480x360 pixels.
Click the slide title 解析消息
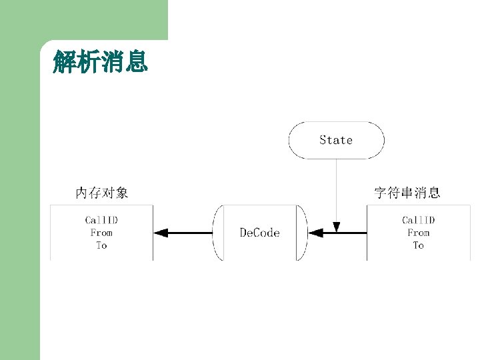[x=100, y=63]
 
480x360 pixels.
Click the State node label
[x=336, y=140]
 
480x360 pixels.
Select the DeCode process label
[x=259, y=233]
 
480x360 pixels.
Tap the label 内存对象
[x=101, y=193]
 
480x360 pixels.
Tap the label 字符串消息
[x=407, y=193]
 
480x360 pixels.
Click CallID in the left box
[x=101, y=220]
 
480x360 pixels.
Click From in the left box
[x=101, y=233]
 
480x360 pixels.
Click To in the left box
[x=101, y=245]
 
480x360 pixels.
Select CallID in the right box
[x=419, y=220]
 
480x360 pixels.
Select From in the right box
[x=419, y=233]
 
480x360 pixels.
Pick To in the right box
[x=419, y=245]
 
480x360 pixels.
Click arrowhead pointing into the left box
[x=160, y=233]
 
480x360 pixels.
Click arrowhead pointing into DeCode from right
[x=315, y=233]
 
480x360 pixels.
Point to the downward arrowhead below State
[x=337, y=227]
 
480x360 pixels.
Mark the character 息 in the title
[x=136, y=63]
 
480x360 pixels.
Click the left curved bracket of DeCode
[x=217, y=233]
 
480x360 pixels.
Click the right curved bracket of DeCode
[x=303, y=233]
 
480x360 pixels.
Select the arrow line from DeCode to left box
[x=190, y=233]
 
